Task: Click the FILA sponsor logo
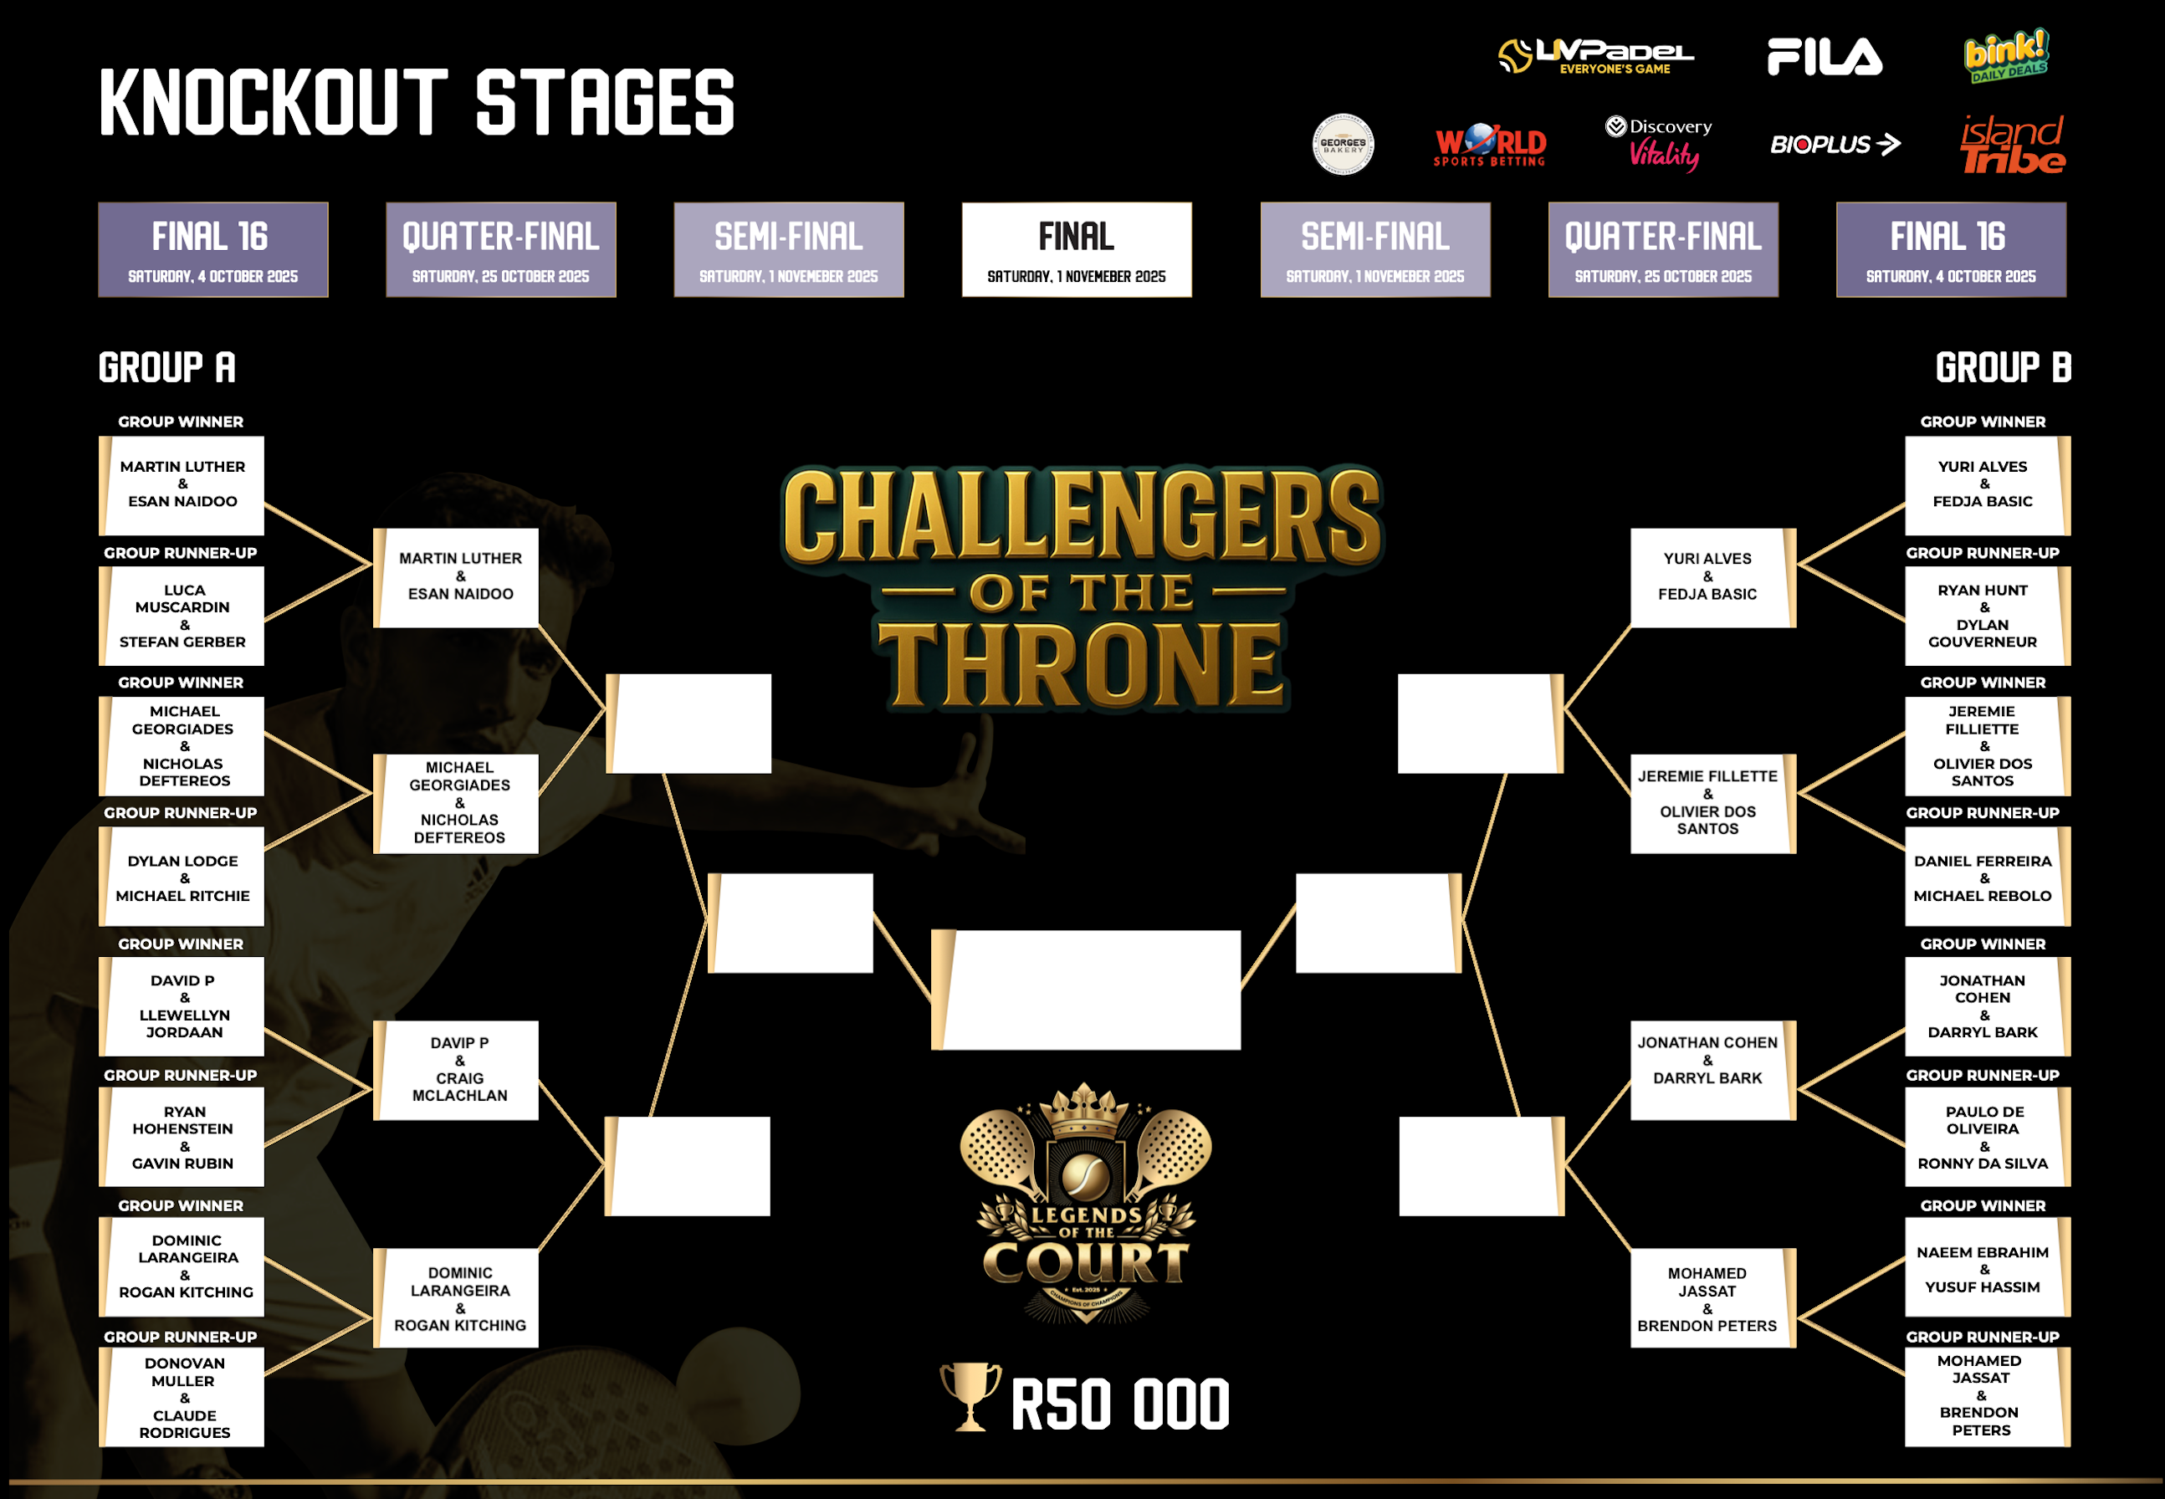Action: (x=1824, y=56)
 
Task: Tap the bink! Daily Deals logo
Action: (x=2006, y=55)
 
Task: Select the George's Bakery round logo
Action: (x=1344, y=145)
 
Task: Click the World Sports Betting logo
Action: (x=1490, y=146)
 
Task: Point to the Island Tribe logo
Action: (x=2013, y=145)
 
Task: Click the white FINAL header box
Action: (x=1077, y=250)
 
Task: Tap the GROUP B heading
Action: (x=2003, y=367)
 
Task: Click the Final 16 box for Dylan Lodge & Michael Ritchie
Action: (x=182, y=877)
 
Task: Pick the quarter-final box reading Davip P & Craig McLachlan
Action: (x=457, y=1071)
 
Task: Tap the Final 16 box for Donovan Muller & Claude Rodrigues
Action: (x=182, y=1398)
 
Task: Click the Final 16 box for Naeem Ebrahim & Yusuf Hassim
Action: (x=1988, y=1268)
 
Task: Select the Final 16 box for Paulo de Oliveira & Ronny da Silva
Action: (x=1988, y=1138)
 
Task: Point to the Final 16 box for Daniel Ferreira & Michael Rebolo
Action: (x=1988, y=877)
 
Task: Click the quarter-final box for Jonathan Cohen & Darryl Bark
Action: (x=1713, y=1071)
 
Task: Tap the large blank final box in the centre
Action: (x=1086, y=990)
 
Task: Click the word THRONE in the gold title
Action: (x=1081, y=664)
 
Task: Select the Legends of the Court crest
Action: (x=1086, y=1203)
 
